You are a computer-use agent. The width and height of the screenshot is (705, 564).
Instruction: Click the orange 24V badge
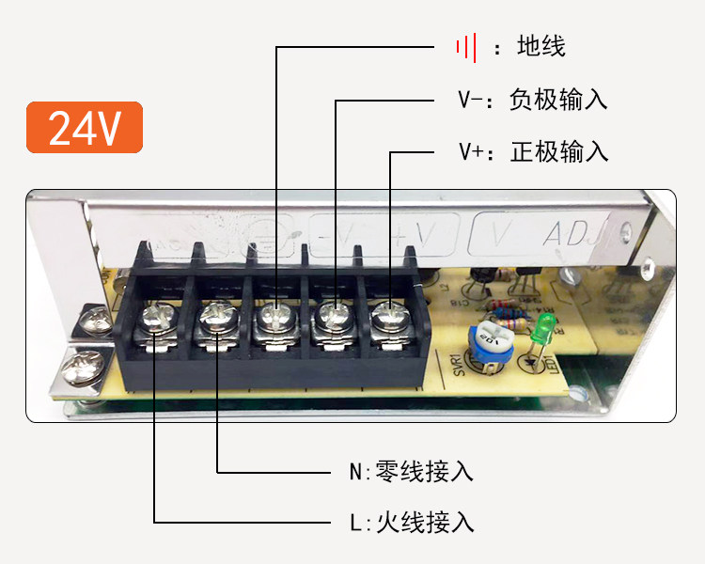click(x=85, y=127)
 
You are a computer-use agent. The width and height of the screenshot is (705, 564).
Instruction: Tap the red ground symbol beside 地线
click(x=466, y=46)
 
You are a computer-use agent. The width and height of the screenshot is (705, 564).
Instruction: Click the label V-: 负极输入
click(x=532, y=100)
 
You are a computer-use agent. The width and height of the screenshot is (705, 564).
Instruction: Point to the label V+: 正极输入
click(x=532, y=151)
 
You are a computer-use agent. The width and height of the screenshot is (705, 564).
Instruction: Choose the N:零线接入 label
click(x=411, y=471)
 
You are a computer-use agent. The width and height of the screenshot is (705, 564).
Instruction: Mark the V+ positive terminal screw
click(x=387, y=315)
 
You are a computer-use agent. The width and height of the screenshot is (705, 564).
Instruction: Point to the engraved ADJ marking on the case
click(x=574, y=232)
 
